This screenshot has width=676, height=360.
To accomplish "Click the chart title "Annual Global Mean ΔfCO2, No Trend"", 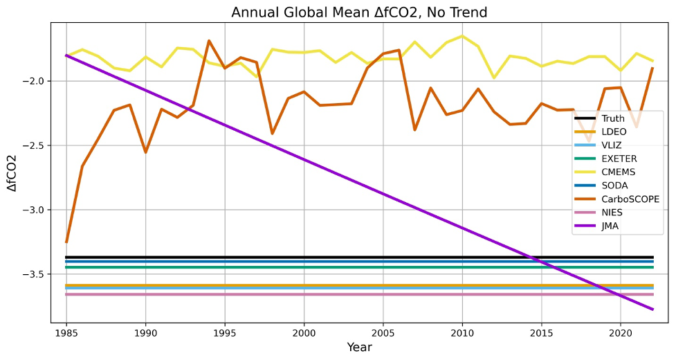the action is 359,12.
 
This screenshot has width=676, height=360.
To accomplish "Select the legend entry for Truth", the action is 613,118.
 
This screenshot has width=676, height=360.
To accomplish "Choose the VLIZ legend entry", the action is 612,145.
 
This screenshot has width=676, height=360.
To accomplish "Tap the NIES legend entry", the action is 612,212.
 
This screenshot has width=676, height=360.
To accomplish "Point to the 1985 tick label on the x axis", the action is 66,333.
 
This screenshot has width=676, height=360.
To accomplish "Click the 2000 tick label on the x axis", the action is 304,333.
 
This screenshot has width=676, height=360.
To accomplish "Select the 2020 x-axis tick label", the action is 621,333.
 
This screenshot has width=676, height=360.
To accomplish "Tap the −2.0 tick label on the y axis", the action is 35,81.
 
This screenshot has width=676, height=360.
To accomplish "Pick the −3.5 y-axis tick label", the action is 35,274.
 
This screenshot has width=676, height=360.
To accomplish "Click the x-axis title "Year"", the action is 360,347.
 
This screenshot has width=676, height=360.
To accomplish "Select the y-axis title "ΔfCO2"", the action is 12,173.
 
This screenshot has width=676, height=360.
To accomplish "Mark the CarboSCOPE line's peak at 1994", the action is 209,41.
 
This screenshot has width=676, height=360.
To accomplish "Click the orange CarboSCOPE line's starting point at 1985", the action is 66,242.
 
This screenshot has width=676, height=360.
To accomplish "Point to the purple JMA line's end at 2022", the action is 653,309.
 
